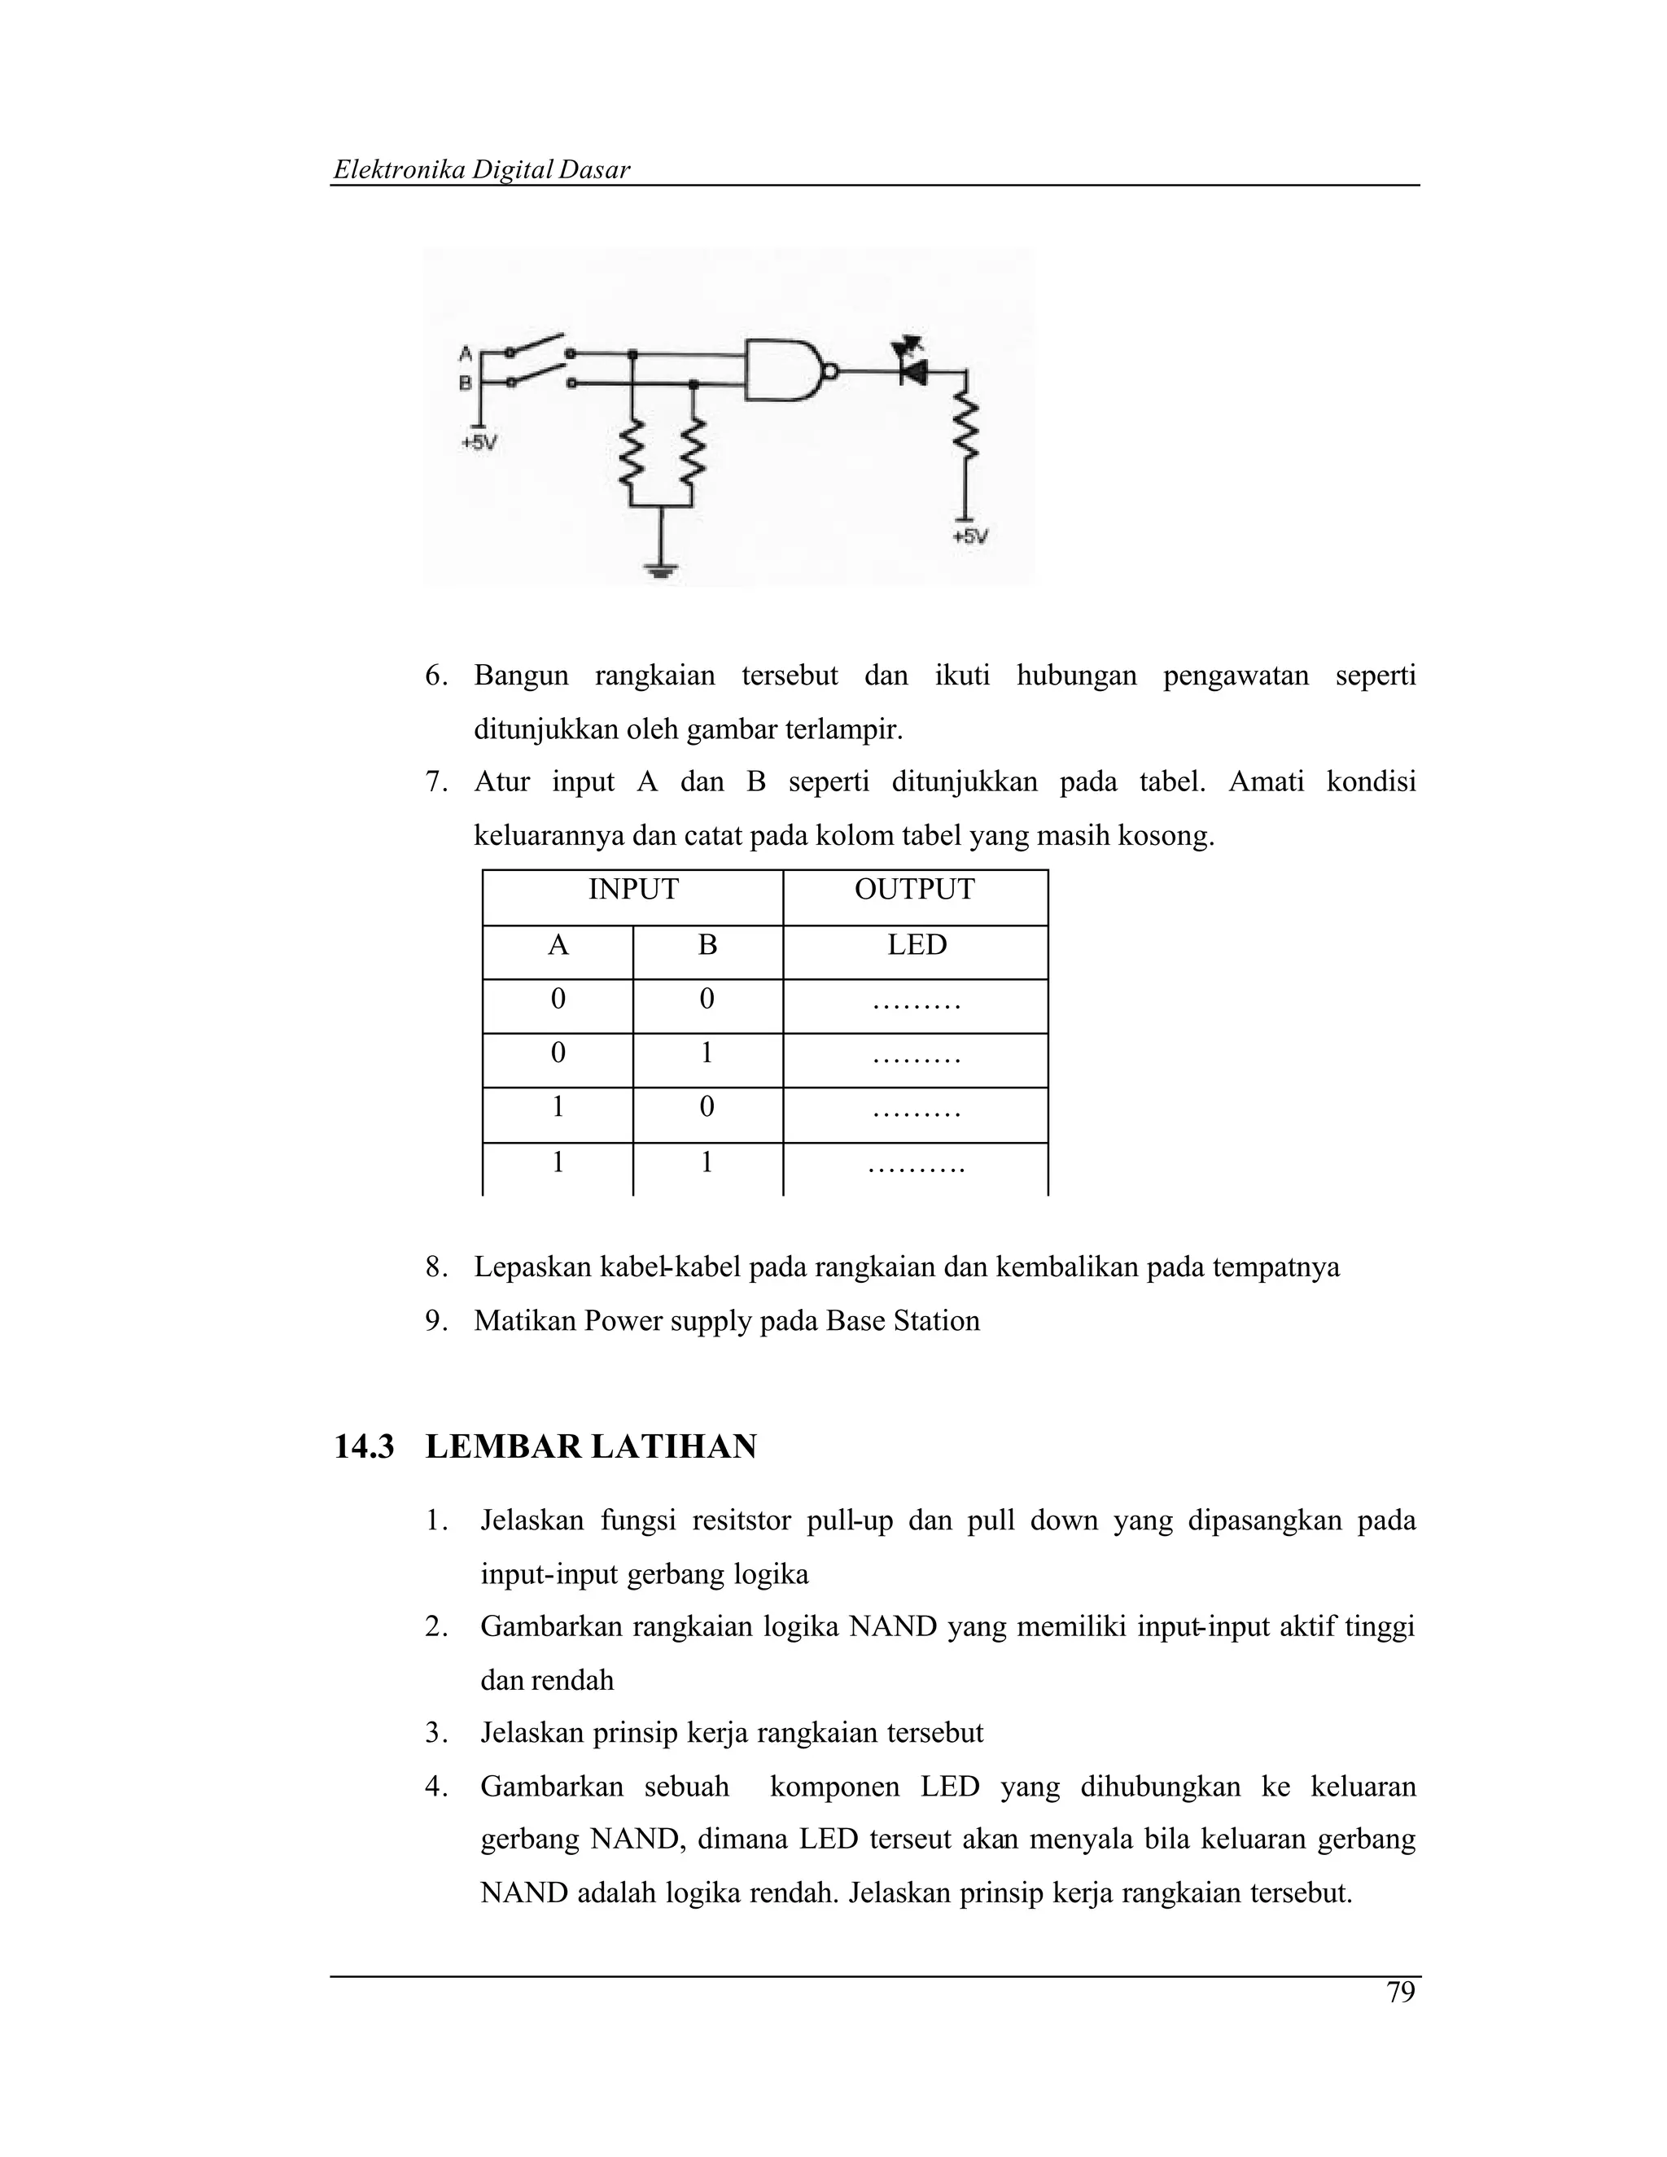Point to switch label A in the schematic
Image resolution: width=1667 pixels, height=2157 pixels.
(x=465, y=353)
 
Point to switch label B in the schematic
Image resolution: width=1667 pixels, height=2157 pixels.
(x=465, y=383)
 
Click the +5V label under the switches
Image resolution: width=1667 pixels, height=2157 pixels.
(x=478, y=444)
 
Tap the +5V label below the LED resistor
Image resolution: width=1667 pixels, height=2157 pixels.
(x=969, y=537)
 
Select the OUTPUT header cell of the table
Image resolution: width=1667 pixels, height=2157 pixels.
(x=913, y=890)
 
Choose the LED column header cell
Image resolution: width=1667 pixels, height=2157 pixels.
(x=916, y=945)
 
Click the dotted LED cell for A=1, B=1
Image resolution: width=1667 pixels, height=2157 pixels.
(x=916, y=1167)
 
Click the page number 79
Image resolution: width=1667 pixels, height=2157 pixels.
(x=1400, y=1992)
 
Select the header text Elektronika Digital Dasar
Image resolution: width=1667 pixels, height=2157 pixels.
(x=481, y=170)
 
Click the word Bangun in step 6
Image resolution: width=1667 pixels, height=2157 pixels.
(x=520, y=676)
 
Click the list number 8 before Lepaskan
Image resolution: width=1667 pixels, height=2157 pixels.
(x=435, y=1267)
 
